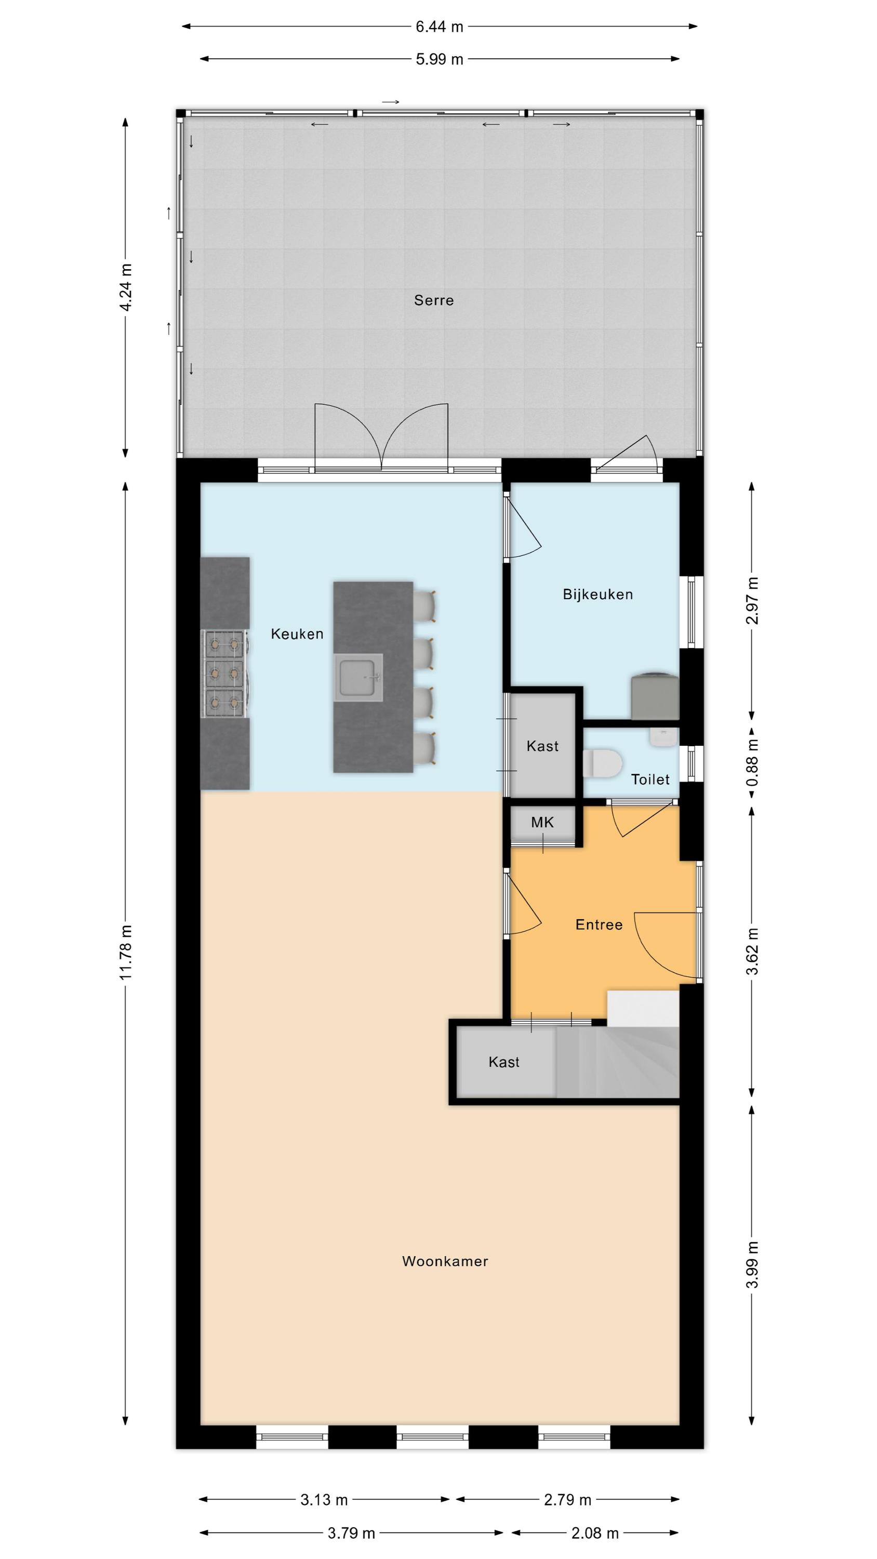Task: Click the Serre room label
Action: [433, 300]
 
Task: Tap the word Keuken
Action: [297, 633]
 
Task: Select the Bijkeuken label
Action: [598, 594]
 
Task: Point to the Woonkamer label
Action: [445, 1261]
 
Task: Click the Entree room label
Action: [599, 925]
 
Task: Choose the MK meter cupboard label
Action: [542, 823]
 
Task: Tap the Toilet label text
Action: [650, 780]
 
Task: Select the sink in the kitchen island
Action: [359, 677]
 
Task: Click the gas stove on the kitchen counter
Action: [224, 673]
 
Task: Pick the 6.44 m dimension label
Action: [440, 27]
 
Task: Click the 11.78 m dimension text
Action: [126, 953]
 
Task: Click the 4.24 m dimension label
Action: [126, 287]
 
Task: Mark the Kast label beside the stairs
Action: [504, 1062]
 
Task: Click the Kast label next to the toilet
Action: [542, 746]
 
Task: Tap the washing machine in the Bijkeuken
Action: [655, 696]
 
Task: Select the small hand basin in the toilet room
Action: [664, 736]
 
